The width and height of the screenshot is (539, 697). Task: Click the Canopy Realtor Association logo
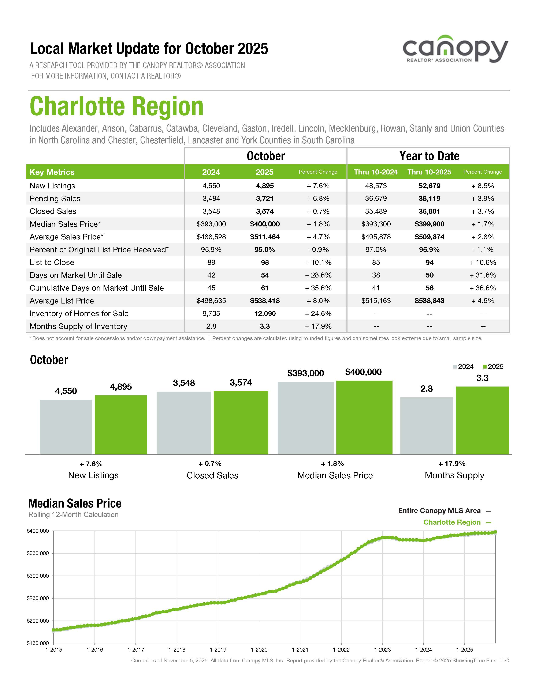[x=455, y=49]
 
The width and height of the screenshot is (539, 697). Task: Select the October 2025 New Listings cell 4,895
[x=265, y=186]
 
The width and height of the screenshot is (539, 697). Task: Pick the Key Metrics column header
[x=52, y=172]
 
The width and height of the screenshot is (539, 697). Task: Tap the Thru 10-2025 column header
[x=429, y=172]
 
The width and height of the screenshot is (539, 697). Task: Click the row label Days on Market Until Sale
[x=76, y=275]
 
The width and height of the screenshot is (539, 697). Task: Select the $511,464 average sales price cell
[x=265, y=237]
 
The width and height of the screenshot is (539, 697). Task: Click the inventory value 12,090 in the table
[x=265, y=313]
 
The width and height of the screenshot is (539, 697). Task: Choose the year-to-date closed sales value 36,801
[x=429, y=211]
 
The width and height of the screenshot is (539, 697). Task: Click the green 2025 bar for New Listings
[x=121, y=425]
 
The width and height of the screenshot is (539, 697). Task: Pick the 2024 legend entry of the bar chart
[x=463, y=367]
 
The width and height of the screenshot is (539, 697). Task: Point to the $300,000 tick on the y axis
[x=38, y=576]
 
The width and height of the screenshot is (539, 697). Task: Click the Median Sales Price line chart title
[x=75, y=503]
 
